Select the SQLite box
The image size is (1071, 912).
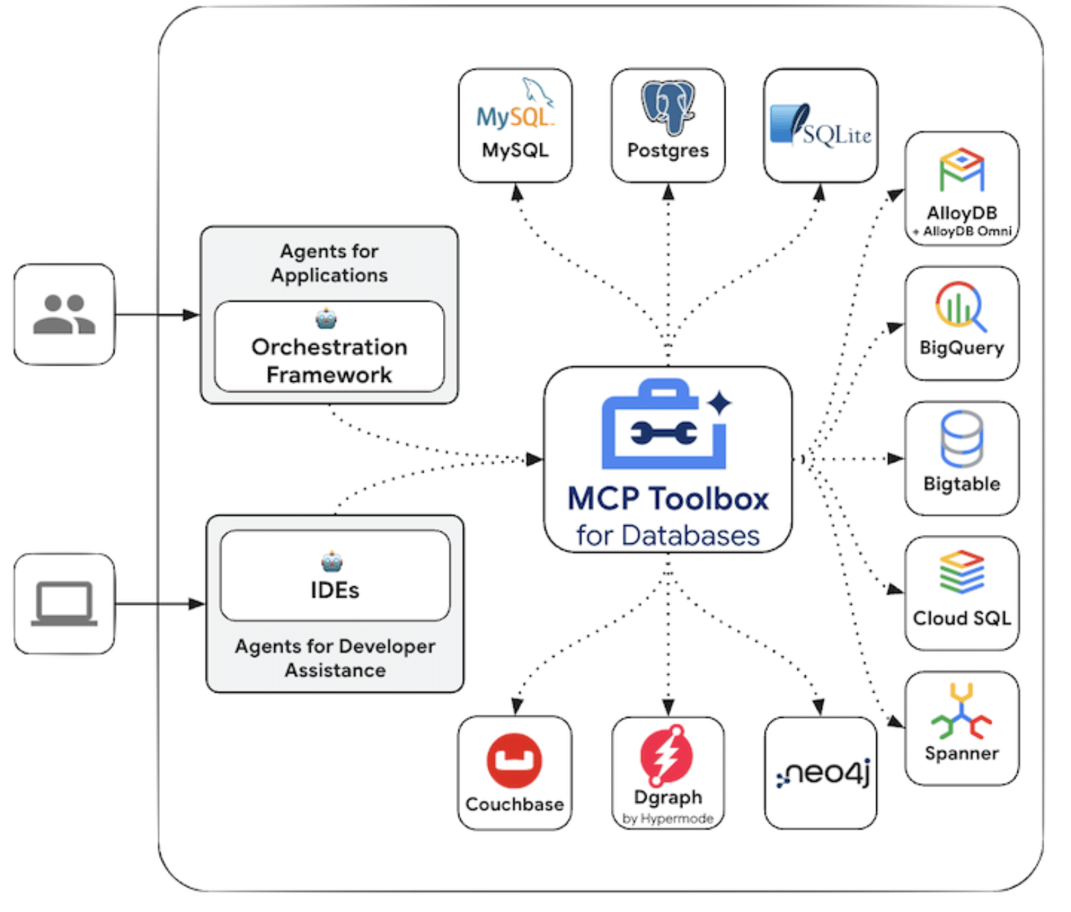coord(821,125)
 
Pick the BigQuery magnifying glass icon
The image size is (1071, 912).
coord(961,306)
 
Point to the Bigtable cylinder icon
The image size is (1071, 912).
coord(961,438)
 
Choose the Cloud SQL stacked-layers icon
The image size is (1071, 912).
coord(961,571)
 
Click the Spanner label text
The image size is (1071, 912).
coord(961,753)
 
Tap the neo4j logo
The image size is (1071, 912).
coord(822,773)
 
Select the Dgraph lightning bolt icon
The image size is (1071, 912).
coord(666,755)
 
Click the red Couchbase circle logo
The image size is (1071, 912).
coord(514,760)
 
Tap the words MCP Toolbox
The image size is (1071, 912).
coord(668,499)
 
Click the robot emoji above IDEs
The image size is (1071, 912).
coord(332,562)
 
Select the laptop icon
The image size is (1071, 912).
coord(64,603)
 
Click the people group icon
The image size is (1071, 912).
coord(64,314)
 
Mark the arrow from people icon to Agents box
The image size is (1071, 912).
coord(157,315)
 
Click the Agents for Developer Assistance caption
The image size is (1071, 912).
coord(335,658)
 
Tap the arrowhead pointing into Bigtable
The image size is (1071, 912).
coord(895,458)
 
